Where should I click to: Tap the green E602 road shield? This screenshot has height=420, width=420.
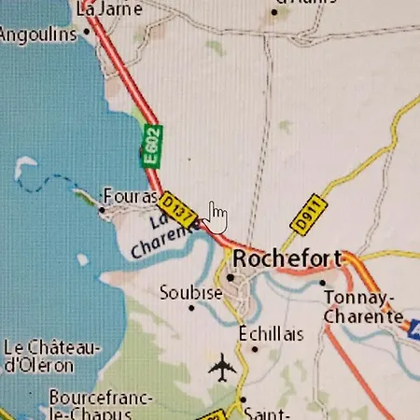[x=151, y=146]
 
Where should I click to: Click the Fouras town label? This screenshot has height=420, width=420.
[x=131, y=197]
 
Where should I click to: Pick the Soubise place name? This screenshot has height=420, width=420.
[x=190, y=292]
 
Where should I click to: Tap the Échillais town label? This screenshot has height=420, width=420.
[x=271, y=334]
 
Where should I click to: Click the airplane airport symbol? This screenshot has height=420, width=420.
[x=222, y=369]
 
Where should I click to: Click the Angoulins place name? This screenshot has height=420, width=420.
[x=37, y=35]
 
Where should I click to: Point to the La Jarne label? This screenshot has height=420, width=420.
[x=110, y=9]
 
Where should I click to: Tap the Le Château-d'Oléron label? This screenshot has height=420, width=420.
[x=51, y=356]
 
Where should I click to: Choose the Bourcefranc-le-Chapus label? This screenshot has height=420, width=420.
[x=100, y=404]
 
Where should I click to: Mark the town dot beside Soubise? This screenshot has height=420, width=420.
[x=192, y=308]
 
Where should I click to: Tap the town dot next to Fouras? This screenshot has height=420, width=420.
[x=103, y=210]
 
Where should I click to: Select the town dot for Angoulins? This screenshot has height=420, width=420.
[x=87, y=31]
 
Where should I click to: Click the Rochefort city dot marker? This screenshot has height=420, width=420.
[x=230, y=277]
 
